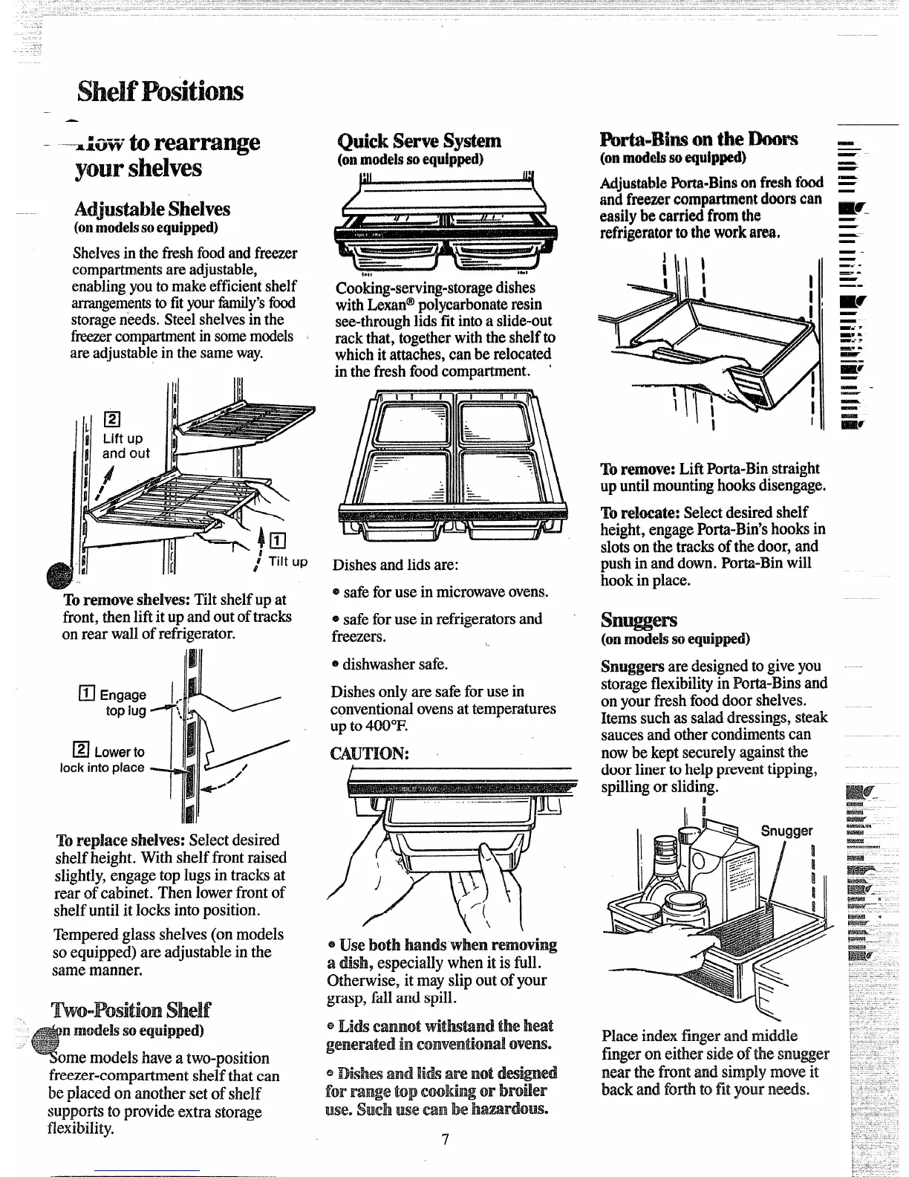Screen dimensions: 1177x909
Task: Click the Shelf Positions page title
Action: point(160,91)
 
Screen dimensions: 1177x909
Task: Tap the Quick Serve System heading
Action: point(419,141)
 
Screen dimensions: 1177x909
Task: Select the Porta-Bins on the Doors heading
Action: point(699,139)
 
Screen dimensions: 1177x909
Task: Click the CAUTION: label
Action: point(369,753)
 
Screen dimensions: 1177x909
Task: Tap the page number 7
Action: point(444,1141)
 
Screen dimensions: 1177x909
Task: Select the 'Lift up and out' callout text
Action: point(126,446)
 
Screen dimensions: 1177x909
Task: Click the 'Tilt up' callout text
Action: point(287,562)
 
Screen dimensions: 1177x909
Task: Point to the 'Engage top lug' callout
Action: point(123,702)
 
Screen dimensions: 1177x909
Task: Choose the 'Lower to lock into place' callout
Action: point(104,759)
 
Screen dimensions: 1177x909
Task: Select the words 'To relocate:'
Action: point(640,513)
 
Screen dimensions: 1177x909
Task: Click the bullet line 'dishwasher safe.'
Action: point(394,664)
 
